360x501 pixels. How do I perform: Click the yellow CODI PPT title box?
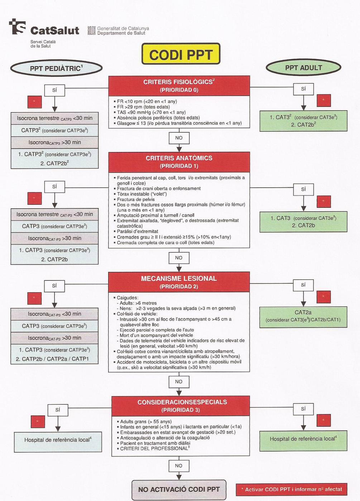(x=181, y=55)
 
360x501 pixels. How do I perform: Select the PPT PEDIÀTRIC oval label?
(x=56, y=68)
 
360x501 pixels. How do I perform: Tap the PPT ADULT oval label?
(x=303, y=68)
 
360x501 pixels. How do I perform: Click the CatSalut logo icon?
(x=18, y=27)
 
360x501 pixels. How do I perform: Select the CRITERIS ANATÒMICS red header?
(x=179, y=162)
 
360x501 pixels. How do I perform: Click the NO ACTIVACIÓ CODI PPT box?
(x=179, y=490)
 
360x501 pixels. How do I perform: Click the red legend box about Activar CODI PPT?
(x=291, y=489)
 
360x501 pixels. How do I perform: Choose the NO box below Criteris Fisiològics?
(x=179, y=138)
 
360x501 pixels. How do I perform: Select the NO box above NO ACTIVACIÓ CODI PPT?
(x=179, y=466)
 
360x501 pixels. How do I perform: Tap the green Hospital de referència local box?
(x=303, y=439)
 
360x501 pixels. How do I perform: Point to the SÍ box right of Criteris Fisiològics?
(x=303, y=89)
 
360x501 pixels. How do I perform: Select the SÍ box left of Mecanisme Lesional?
(x=54, y=286)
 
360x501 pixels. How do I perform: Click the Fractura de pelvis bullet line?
(x=136, y=199)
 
